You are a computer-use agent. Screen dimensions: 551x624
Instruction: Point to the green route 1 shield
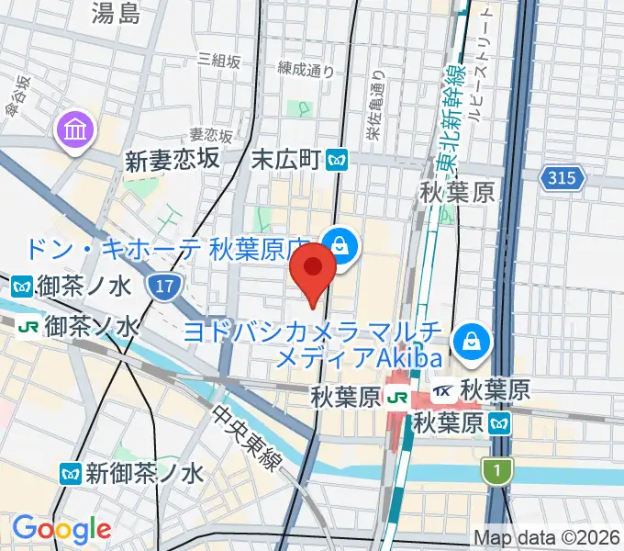pos(496,470)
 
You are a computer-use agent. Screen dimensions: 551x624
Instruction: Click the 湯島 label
pos(117,12)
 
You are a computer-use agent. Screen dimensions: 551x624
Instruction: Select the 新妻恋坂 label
pos(173,161)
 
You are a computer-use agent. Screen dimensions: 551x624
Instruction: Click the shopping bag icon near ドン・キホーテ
pos(340,245)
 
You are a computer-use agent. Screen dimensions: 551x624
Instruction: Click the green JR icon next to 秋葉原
pos(397,398)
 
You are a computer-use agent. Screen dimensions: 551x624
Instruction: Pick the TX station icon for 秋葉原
pos(443,390)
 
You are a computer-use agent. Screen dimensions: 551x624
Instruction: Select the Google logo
pos(61,529)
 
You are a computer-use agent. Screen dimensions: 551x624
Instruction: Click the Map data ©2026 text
pos(547,537)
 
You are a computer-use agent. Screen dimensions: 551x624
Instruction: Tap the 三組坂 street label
pos(219,61)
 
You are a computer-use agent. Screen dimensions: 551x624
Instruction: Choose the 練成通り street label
pos(306,69)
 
